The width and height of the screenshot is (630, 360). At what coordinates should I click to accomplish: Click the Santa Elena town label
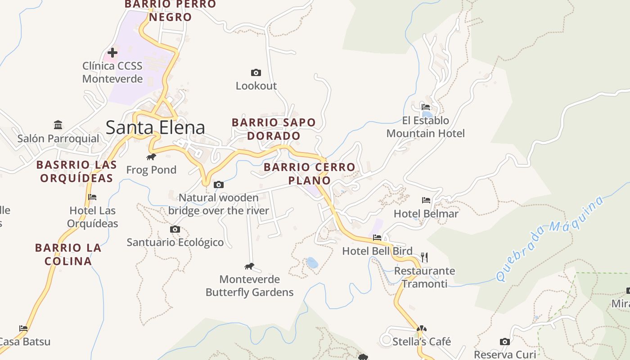(x=155, y=128)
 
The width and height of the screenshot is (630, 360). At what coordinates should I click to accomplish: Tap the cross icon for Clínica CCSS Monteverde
(x=112, y=53)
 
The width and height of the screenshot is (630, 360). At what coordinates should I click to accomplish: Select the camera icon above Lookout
(x=256, y=72)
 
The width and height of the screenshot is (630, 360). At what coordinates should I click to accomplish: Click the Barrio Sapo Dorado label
(x=274, y=129)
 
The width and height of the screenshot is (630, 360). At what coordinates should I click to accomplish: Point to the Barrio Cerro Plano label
(x=310, y=174)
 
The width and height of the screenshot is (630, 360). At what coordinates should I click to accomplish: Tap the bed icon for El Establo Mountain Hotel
(x=426, y=107)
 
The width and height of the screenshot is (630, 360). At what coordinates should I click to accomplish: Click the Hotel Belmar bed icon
(x=426, y=200)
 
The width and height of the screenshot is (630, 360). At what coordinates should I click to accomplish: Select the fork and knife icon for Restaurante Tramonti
(x=424, y=257)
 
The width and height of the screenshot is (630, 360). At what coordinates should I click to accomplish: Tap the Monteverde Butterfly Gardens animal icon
(x=249, y=266)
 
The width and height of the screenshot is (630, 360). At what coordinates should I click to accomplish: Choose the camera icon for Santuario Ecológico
(x=175, y=229)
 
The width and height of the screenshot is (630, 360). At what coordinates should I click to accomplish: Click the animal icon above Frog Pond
(x=151, y=157)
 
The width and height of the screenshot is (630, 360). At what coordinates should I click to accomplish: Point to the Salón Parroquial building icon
(x=58, y=125)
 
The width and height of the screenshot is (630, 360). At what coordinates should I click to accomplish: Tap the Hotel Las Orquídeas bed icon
(x=92, y=197)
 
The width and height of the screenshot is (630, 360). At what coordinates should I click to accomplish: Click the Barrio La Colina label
(x=68, y=254)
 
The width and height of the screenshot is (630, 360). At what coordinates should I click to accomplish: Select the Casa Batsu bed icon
(x=23, y=328)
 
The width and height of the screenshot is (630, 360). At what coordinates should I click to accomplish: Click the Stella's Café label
(x=422, y=342)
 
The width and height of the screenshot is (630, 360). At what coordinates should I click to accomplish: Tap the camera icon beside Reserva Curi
(x=505, y=342)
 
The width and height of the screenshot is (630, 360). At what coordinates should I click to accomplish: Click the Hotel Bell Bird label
(x=378, y=251)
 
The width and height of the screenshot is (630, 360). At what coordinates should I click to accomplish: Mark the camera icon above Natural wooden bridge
(x=219, y=184)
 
